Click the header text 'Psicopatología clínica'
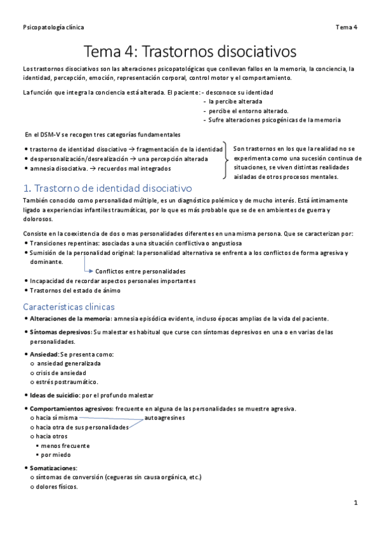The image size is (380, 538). (53, 27)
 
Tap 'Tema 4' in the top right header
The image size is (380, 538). (346, 27)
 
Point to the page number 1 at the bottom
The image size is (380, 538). (356, 502)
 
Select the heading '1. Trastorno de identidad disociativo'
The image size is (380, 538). (107, 188)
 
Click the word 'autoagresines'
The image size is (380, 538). (165, 418)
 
